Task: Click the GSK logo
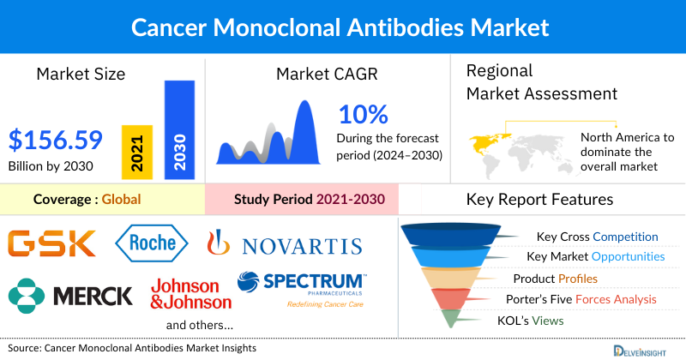(x=53, y=243)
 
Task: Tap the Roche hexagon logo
(x=151, y=243)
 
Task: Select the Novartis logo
(x=284, y=246)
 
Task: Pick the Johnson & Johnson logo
(x=190, y=293)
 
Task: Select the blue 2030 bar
(x=179, y=129)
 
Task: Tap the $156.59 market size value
(x=56, y=138)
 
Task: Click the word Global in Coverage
(x=121, y=199)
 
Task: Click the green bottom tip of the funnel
(x=448, y=320)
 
